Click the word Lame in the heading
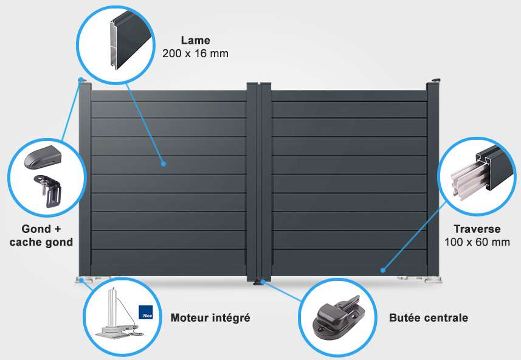tap(195, 40)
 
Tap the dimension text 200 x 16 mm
tap(195, 54)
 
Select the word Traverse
tap(477, 229)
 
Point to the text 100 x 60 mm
tap(477, 242)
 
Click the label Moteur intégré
tap(210, 318)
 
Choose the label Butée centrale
tap(429, 318)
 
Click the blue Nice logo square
tap(145, 312)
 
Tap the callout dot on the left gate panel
tap(163, 164)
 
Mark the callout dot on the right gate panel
tap(383, 270)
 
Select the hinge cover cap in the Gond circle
tap(43, 156)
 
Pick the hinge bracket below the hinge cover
tap(48, 191)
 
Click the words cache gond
tap(41, 242)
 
